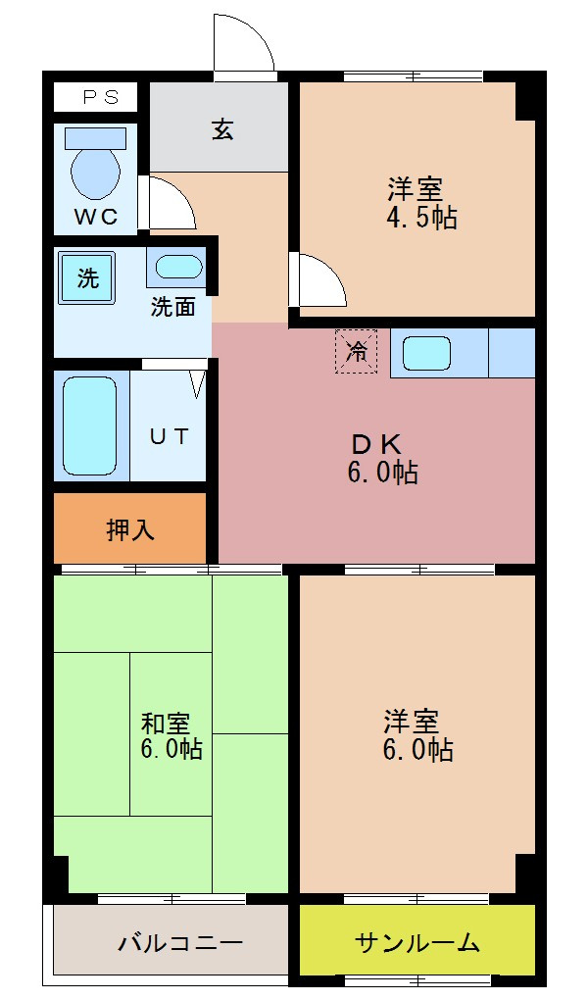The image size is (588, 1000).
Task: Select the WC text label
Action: [96, 217]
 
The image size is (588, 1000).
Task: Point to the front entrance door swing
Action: [242, 44]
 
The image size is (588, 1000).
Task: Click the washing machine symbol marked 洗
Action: [87, 277]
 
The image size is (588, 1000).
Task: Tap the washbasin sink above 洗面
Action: [177, 266]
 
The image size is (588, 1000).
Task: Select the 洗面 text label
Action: [172, 307]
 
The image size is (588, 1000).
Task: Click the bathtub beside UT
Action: [90, 425]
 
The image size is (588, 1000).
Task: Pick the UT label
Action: [169, 436]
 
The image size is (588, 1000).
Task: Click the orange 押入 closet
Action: [129, 529]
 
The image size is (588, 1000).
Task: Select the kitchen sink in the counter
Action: [426, 353]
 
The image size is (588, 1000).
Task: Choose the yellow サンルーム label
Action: [417, 943]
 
